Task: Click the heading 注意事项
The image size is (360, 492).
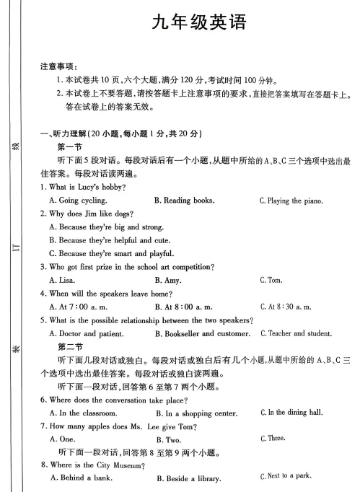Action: point(58,66)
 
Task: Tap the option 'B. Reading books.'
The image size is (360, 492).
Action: point(184,201)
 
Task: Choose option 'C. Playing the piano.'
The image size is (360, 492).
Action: point(291,201)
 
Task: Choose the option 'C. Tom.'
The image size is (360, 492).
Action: point(271,280)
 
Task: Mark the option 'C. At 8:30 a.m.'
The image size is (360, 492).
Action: point(286,307)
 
